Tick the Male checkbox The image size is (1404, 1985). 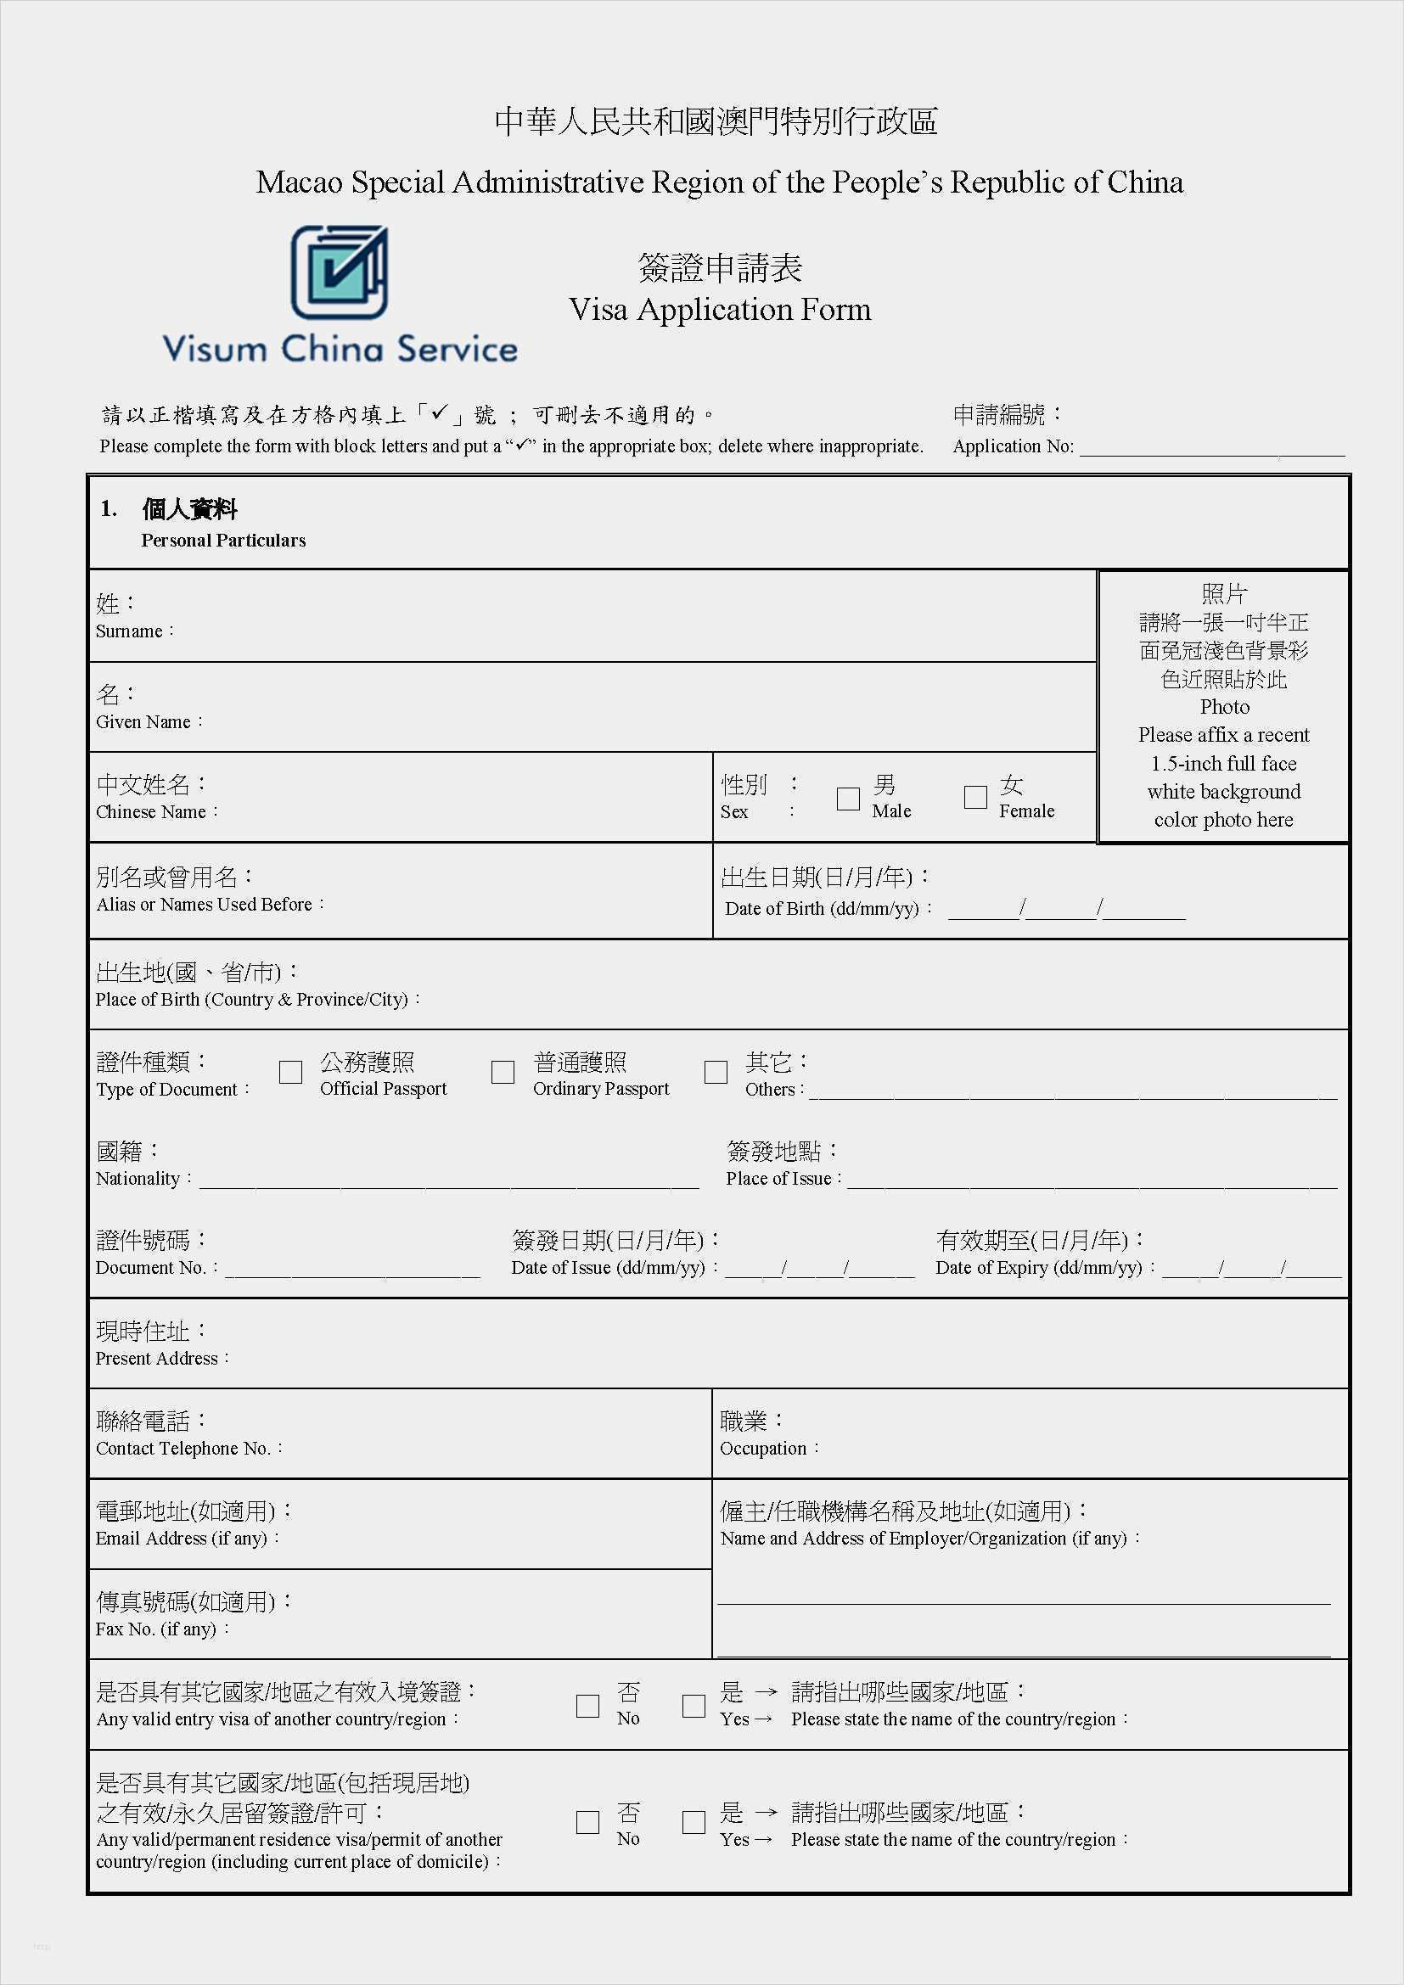click(848, 798)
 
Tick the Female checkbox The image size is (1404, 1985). click(975, 797)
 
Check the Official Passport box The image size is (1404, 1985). click(290, 1072)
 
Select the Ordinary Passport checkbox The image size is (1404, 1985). click(503, 1072)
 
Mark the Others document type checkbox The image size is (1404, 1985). click(716, 1072)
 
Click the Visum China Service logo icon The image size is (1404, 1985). click(339, 272)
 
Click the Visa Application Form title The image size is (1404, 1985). click(719, 310)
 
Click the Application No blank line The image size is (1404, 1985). click(1210, 450)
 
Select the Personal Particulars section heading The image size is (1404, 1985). click(223, 541)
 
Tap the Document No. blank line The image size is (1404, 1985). click(352, 1272)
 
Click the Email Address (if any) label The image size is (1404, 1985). click(187, 1538)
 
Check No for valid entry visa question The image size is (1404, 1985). click(588, 1706)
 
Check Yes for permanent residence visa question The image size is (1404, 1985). click(694, 1822)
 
